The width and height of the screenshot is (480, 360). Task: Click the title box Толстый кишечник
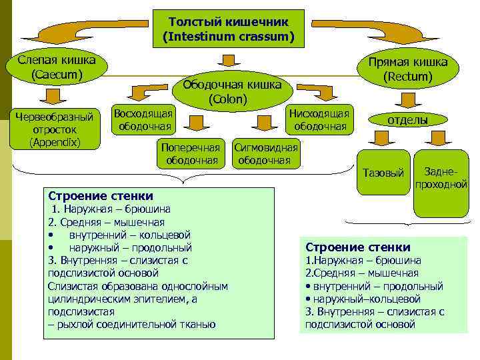tap(229, 27)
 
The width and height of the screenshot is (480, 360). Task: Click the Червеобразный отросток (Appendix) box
tap(55, 129)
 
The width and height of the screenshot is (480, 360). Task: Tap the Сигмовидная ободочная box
tap(265, 153)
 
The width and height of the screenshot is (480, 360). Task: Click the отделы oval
tap(408, 120)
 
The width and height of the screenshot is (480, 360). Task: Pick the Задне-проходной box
tap(440, 177)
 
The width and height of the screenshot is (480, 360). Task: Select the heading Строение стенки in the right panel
tap(358, 247)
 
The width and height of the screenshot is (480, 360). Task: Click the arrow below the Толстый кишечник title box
tap(228, 60)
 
